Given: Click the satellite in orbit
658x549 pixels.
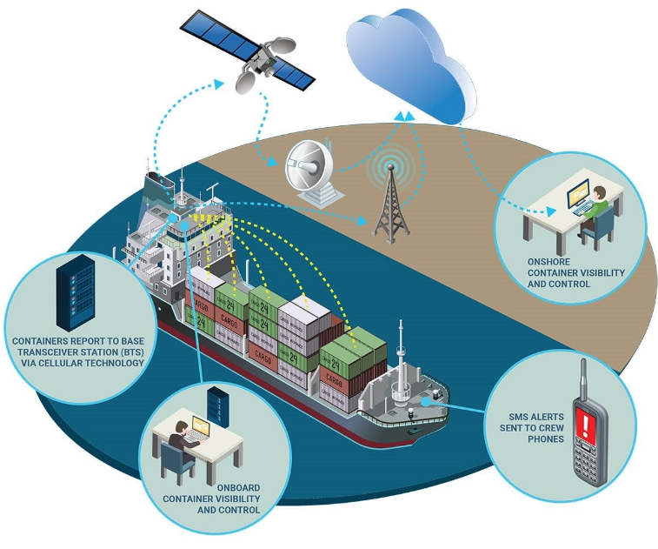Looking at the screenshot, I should point(261,53).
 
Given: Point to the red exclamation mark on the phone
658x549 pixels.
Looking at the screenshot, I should point(589,426).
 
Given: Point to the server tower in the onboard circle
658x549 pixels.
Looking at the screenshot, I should point(215,407).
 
